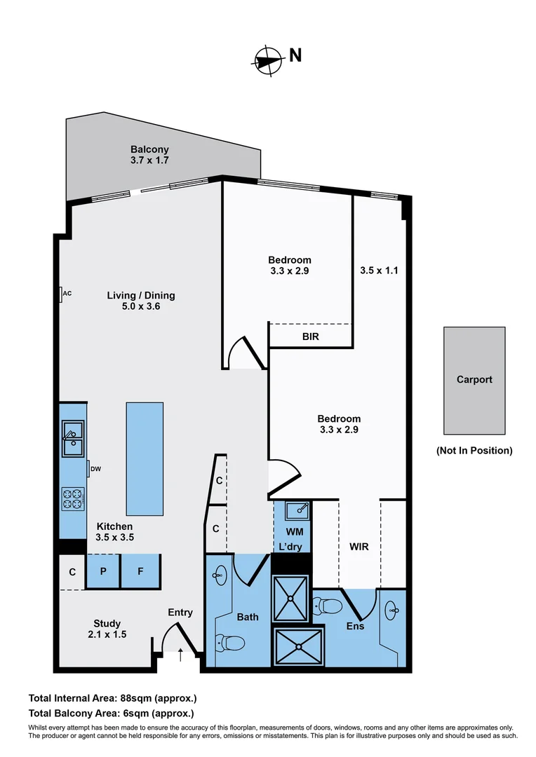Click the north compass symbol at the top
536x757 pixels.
click(x=267, y=60)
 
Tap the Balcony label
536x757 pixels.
click(x=149, y=149)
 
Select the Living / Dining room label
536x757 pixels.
click(x=140, y=295)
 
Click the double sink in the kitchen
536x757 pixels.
click(x=72, y=437)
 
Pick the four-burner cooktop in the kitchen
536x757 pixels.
click(x=73, y=498)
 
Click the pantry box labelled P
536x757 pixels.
click(x=103, y=571)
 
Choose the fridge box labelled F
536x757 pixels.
click(x=140, y=571)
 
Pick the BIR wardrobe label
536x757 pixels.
click(x=311, y=336)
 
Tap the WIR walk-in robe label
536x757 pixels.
click(x=359, y=546)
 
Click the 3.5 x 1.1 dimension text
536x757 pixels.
click(x=379, y=270)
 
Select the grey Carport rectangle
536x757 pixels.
click(x=474, y=380)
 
